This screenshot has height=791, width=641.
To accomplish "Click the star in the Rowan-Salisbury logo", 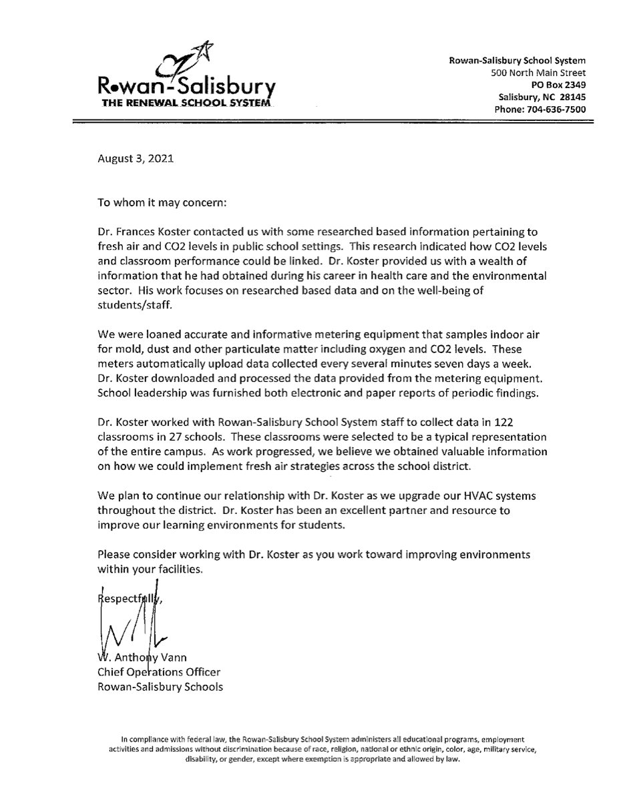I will pos(204,50).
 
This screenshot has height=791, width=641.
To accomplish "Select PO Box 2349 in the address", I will pos(558,84).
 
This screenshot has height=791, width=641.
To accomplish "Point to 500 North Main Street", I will pos(538,72).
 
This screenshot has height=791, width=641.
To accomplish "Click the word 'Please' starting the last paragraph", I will pos(114,555).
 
